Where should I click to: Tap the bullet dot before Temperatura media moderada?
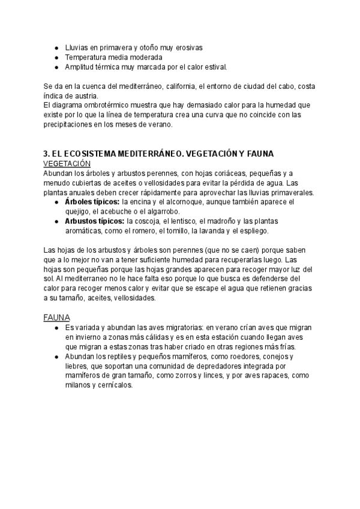[56, 57]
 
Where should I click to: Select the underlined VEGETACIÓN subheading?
[67, 163]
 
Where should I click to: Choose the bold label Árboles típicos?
[91, 202]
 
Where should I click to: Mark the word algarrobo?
[180, 211]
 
